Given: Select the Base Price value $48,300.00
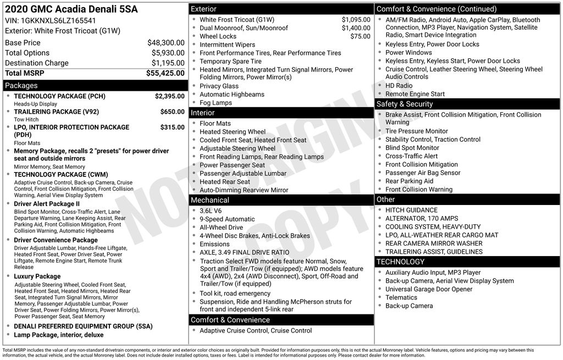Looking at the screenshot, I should pyautogui.click(x=165, y=43).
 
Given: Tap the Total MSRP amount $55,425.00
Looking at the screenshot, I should pyautogui.click(x=165, y=73).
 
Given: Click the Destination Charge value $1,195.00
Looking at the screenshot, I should pyautogui.click(x=168, y=63).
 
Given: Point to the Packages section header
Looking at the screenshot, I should pyautogui.click(x=21, y=86).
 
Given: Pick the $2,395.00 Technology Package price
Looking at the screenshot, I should pyautogui.click(x=169, y=96).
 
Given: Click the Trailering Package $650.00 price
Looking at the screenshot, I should pyautogui.click(x=172, y=112).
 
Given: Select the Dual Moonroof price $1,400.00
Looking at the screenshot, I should pyautogui.click(x=356, y=28).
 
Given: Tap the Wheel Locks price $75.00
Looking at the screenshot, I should pyautogui.click(x=360, y=36).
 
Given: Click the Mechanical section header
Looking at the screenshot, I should pyautogui.click(x=210, y=200).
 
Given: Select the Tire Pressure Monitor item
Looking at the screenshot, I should pyautogui.click(x=416, y=131).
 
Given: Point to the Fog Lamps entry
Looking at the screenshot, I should pyautogui.click(x=216, y=103).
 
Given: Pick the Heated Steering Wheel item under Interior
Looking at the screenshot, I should pyautogui.click(x=233, y=132).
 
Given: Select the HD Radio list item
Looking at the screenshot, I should pyautogui.click(x=399, y=86).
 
